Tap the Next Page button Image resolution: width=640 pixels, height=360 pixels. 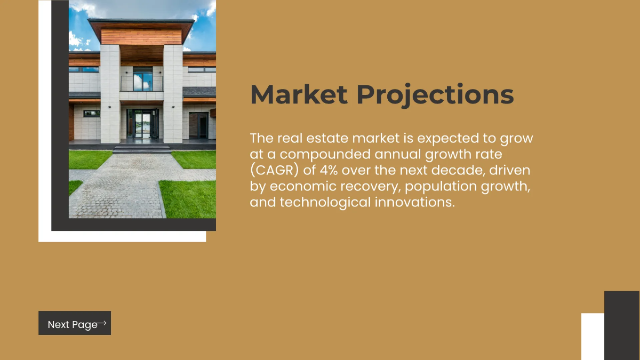(x=74, y=323)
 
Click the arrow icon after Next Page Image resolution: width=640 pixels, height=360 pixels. (x=102, y=323)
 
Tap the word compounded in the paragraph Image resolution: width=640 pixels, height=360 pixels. (x=314, y=155)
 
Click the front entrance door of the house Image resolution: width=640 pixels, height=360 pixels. (x=142, y=125)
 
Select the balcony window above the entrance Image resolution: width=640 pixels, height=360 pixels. (x=142, y=80)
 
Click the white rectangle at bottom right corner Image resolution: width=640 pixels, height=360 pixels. (x=593, y=337)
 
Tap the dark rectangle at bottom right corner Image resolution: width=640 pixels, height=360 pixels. (x=621, y=325)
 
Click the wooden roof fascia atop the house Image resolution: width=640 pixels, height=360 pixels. (x=141, y=37)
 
